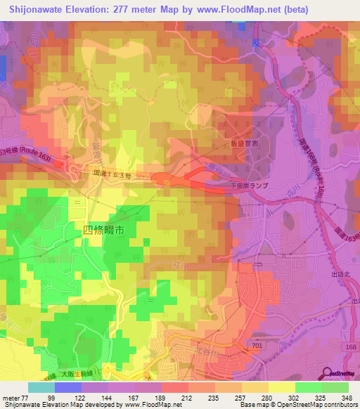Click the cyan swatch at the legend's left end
coord(41,387)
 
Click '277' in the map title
coord(134,10)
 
